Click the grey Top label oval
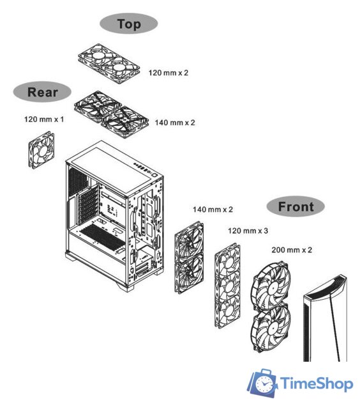tap(129, 24)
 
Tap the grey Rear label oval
tap(42, 92)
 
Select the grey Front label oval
tap(296, 206)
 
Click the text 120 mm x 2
tap(169, 72)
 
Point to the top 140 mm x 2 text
tap(175, 122)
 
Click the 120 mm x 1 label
tap(44, 120)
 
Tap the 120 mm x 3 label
tap(248, 231)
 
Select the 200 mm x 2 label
tap(292, 250)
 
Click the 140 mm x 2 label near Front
tap(213, 209)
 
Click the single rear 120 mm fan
tap(41, 150)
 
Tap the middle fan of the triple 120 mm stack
tap(228, 286)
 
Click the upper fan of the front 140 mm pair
tap(189, 240)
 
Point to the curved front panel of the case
tap(325, 318)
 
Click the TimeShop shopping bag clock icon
tap(262, 383)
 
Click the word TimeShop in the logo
tap(317, 384)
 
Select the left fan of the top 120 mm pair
tap(97, 57)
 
